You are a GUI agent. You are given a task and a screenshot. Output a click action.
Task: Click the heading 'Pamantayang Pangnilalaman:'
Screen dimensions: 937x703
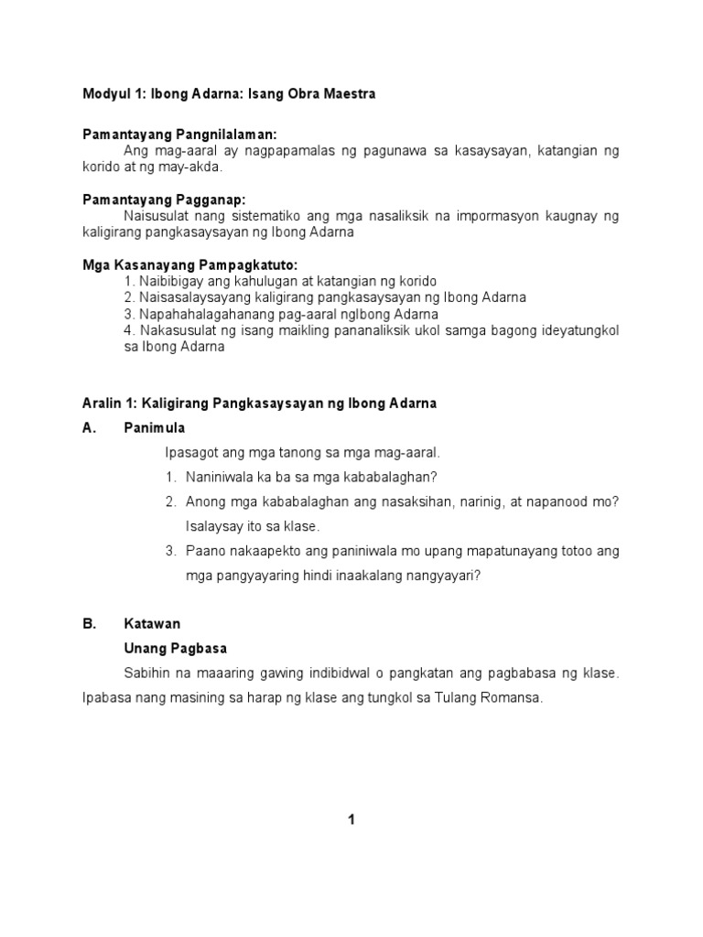179,134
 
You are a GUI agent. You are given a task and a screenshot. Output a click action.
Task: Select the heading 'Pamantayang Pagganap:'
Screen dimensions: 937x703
164,199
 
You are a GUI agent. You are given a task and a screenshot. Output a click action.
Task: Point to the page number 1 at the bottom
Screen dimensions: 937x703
351,820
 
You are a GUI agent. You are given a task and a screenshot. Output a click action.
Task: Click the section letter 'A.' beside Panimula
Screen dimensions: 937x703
89,427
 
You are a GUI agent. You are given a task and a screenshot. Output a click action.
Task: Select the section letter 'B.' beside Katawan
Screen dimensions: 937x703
89,623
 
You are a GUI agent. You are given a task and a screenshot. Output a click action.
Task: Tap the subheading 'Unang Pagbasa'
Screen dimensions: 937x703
176,648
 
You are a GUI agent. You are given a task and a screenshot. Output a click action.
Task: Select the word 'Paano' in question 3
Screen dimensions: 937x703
205,551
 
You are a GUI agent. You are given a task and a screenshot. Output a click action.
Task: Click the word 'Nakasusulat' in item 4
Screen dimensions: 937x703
175,330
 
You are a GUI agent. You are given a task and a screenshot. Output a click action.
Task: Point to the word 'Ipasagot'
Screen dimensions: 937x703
190,452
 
